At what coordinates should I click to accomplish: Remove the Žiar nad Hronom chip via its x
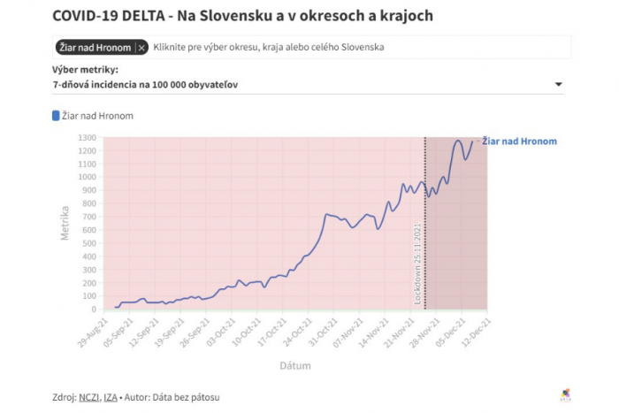141,47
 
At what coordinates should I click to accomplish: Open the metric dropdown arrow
558,85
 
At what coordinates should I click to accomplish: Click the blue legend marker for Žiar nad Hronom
57,115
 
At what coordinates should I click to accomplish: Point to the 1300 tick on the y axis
87,138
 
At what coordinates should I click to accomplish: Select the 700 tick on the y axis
88,217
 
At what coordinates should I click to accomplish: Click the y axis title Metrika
64,222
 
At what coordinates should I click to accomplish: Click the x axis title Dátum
294,364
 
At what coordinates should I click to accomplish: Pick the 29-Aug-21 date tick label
94,331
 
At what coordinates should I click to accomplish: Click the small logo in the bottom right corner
566,394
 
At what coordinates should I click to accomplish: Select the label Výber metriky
86,70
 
